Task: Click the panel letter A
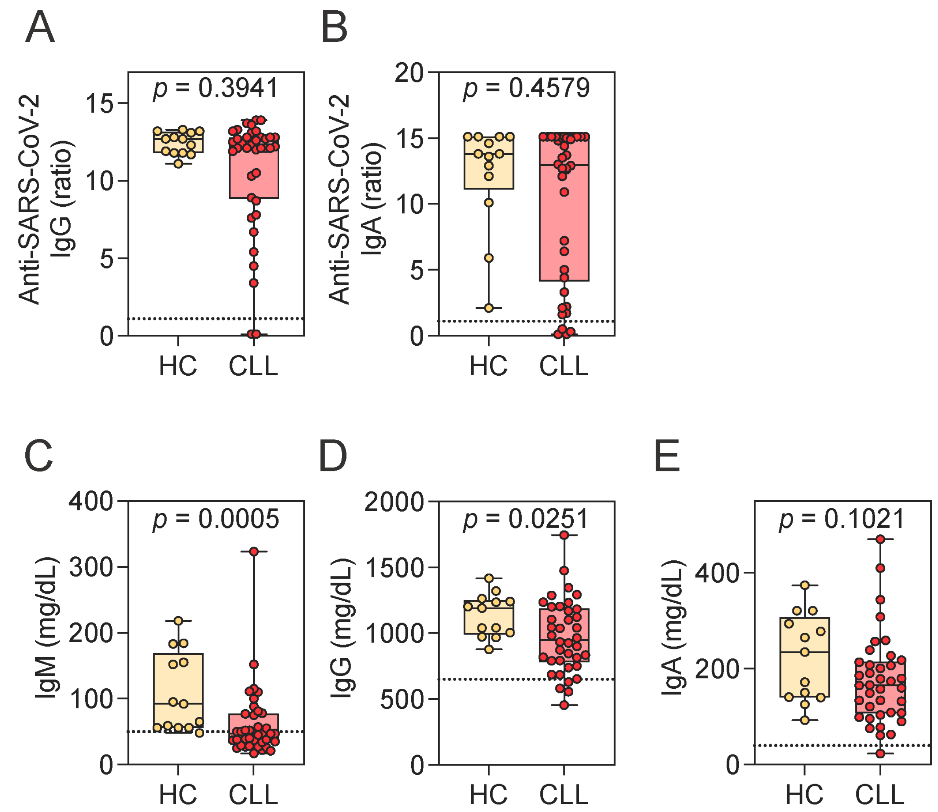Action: (40, 28)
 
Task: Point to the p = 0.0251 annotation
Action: (526, 519)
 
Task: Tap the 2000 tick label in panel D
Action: (394, 502)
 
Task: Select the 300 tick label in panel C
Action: (91, 567)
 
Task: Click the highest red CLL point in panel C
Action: (254, 551)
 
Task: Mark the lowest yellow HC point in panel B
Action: (489, 308)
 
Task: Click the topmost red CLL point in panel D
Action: (564, 535)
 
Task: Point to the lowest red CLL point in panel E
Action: (880, 754)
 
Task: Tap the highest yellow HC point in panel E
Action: (805, 586)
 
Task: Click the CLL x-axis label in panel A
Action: (253, 366)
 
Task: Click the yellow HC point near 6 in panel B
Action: (489, 258)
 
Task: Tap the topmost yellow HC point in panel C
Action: (178, 620)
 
